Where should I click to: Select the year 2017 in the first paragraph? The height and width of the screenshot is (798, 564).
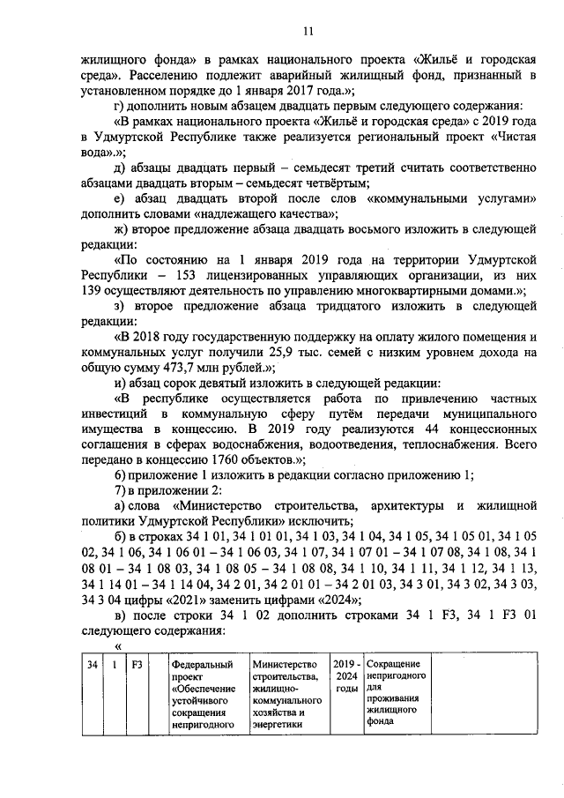point(305,90)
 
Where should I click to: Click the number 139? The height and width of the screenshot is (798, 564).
point(93,290)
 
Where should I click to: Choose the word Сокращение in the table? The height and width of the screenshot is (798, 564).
point(395,663)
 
